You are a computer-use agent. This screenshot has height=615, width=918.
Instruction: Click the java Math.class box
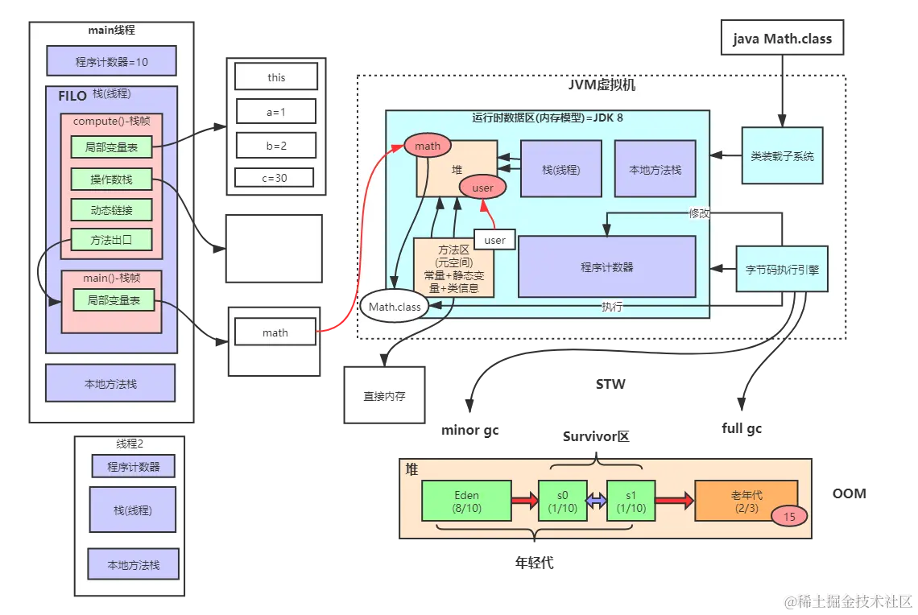click(x=782, y=39)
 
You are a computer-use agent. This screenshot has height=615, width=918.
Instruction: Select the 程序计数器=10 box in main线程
click(x=112, y=61)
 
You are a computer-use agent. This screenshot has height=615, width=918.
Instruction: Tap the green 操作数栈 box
click(x=112, y=179)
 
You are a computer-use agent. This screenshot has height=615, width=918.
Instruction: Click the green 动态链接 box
click(x=112, y=210)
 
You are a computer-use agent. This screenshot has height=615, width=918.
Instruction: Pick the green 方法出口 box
click(x=112, y=240)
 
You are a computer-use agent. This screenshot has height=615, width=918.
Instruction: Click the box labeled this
click(x=276, y=77)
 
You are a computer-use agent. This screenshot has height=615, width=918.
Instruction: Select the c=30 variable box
click(x=275, y=177)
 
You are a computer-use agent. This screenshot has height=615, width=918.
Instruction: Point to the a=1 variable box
click(x=276, y=112)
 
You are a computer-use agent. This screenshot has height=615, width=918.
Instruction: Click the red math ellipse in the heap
click(x=428, y=146)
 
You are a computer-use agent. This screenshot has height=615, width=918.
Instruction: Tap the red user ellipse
click(x=482, y=188)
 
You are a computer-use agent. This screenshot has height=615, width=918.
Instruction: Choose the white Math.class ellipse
click(x=395, y=307)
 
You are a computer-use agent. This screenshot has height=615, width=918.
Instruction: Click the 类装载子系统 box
click(x=782, y=155)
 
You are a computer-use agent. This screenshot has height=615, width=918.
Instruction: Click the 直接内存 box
click(x=384, y=395)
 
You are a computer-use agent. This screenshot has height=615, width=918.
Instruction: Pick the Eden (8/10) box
click(x=466, y=501)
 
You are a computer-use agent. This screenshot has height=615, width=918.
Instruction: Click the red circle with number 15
click(x=789, y=517)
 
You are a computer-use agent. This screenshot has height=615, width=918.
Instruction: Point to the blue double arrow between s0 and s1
click(x=596, y=501)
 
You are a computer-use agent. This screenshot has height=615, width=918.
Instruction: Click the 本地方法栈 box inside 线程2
click(x=134, y=565)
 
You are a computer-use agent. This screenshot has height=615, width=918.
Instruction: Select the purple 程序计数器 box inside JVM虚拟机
click(x=606, y=266)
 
